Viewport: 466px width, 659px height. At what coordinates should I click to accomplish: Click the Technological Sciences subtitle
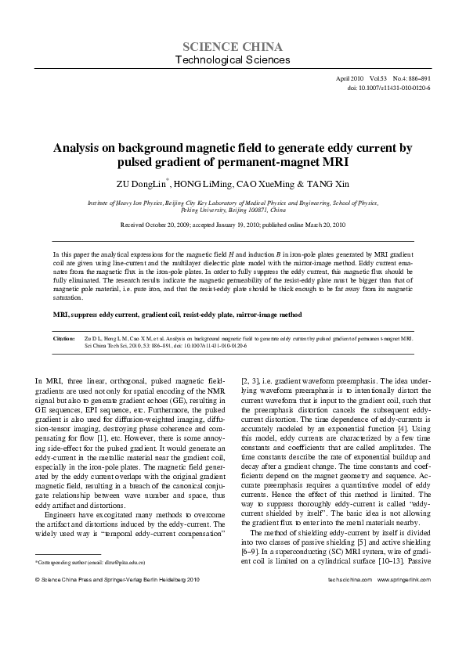233,60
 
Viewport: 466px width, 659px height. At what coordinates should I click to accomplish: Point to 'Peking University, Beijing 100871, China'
233,211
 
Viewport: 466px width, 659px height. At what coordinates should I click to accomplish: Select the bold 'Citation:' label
63,340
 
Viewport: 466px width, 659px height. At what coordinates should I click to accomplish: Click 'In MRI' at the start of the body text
43,380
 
